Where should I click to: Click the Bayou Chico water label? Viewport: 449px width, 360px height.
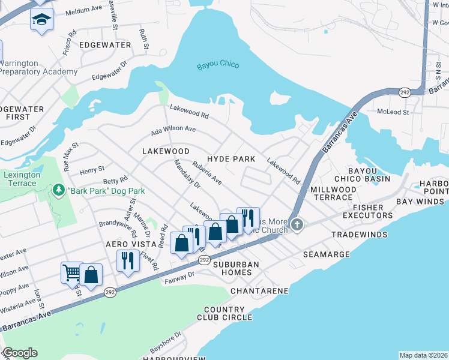click(217, 65)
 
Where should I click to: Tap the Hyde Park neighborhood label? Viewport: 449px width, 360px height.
click(231, 159)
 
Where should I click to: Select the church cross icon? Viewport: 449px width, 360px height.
click(297, 224)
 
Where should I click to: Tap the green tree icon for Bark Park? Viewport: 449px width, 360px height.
click(59, 191)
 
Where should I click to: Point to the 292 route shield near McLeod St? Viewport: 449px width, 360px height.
click(405, 92)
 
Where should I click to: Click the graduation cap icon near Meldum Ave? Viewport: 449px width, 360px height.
click(41, 19)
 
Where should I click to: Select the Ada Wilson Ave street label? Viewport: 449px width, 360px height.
click(173, 129)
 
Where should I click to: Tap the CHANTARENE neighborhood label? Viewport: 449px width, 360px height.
click(260, 291)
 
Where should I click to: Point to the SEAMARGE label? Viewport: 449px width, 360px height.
click(326, 254)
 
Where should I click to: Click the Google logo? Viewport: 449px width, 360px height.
click(20, 353)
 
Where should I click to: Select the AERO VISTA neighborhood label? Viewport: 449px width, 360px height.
click(127, 245)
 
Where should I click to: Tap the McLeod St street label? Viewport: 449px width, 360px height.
click(393, 112)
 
